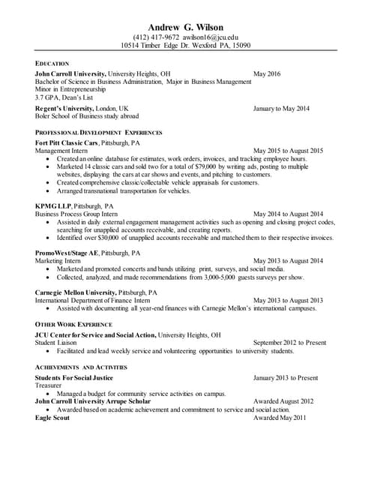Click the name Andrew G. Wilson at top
point(185,27)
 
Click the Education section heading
point(52,63)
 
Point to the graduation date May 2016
point(267,73)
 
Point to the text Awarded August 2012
point(283,401)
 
